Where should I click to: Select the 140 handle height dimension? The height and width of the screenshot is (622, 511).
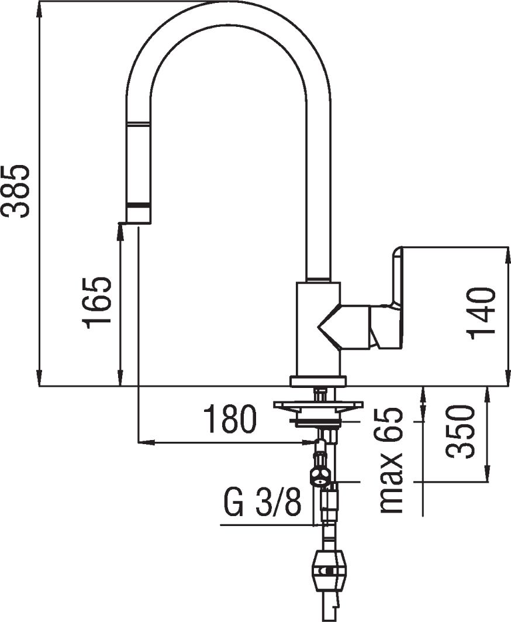point(482,314)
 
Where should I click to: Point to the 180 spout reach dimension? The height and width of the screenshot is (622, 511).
point(230,419)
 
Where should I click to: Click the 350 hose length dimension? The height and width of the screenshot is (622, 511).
point(460,432)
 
